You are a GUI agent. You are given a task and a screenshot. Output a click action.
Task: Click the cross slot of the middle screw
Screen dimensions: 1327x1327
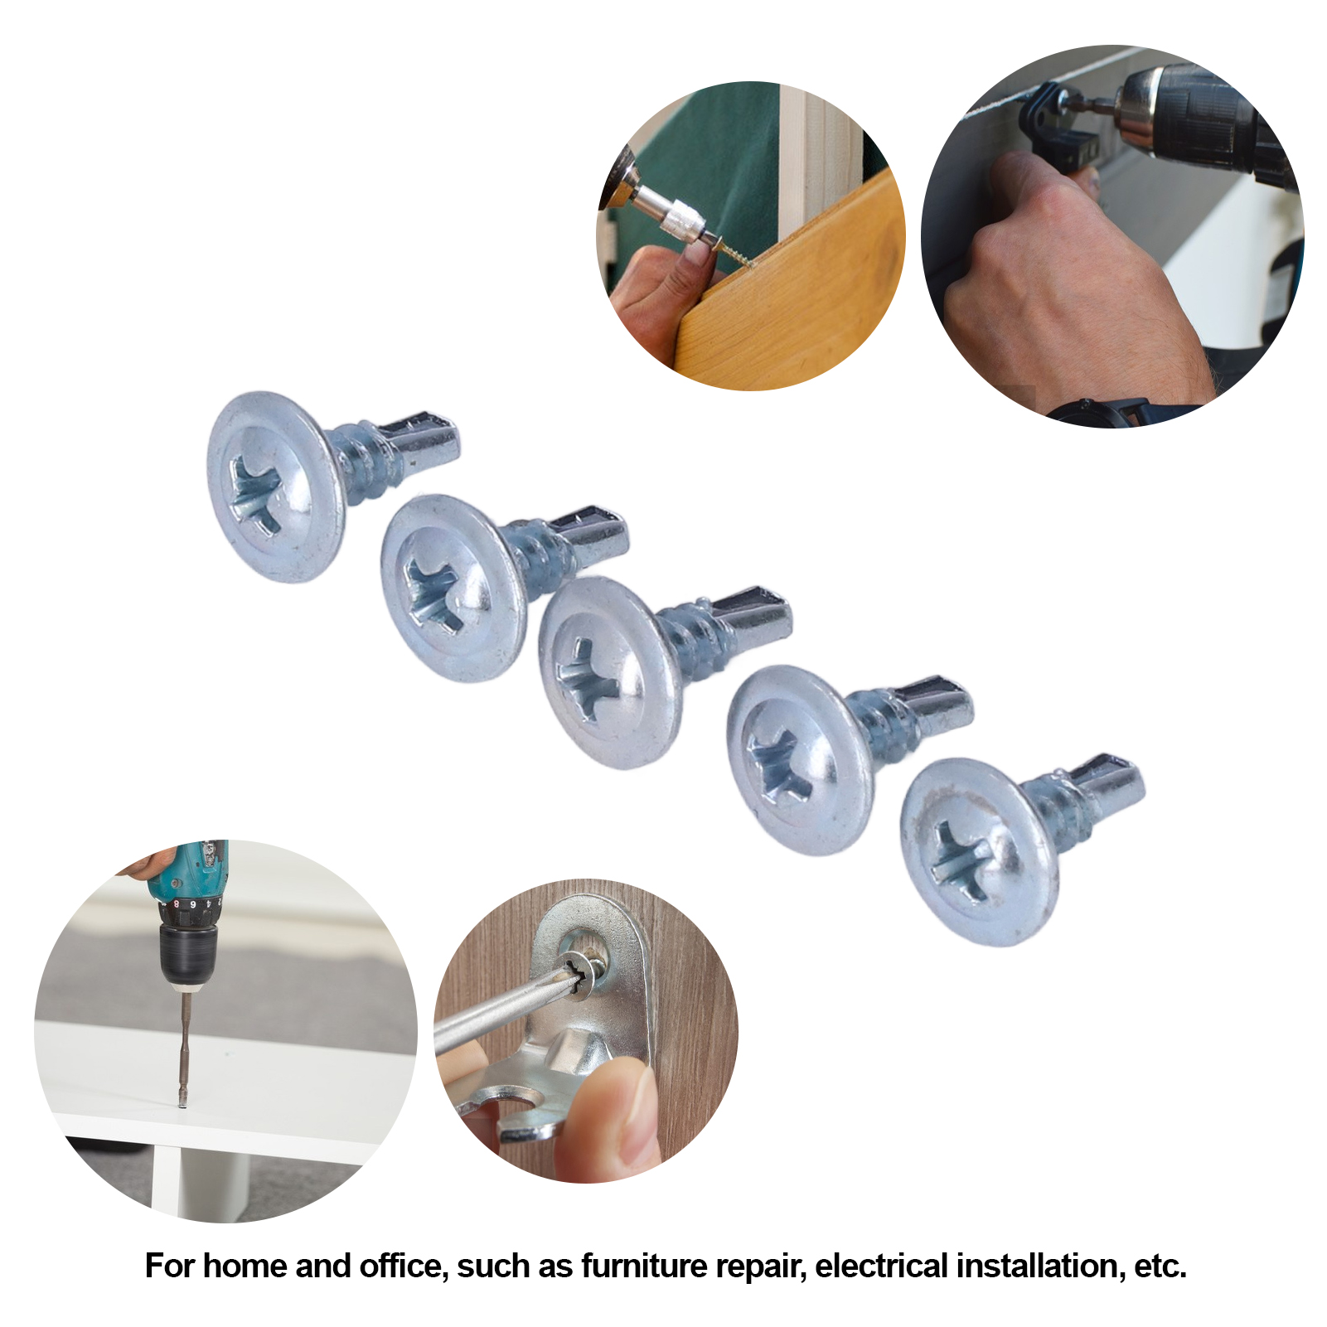[x=587, y=680]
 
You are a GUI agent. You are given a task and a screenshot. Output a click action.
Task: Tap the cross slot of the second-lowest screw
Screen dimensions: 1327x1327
[x=777, y=767]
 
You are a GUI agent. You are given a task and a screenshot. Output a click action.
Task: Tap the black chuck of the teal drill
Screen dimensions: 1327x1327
[x=189, y=953]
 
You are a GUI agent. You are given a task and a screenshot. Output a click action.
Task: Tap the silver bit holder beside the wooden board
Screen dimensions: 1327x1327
[x=676, y=217]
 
